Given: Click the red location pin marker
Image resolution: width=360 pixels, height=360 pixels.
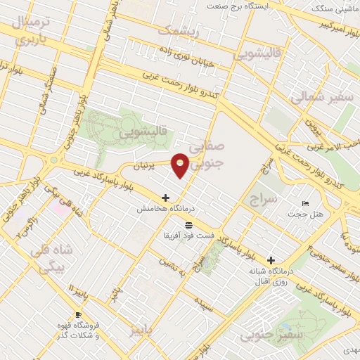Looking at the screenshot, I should tap(181, 165).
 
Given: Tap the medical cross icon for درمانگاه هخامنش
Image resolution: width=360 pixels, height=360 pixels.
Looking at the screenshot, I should tap(166, 198).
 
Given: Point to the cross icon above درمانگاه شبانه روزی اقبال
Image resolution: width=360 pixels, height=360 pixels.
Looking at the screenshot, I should tap(271, 259).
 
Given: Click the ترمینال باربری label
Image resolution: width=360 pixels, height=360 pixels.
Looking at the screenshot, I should tap(30, 29).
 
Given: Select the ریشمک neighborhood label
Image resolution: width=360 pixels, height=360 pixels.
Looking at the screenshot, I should tap(179, 32).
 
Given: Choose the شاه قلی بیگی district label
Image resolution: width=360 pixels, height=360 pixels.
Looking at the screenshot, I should tap(51, 258).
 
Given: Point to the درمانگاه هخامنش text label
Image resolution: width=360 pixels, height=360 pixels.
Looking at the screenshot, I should tap(166, 209).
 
